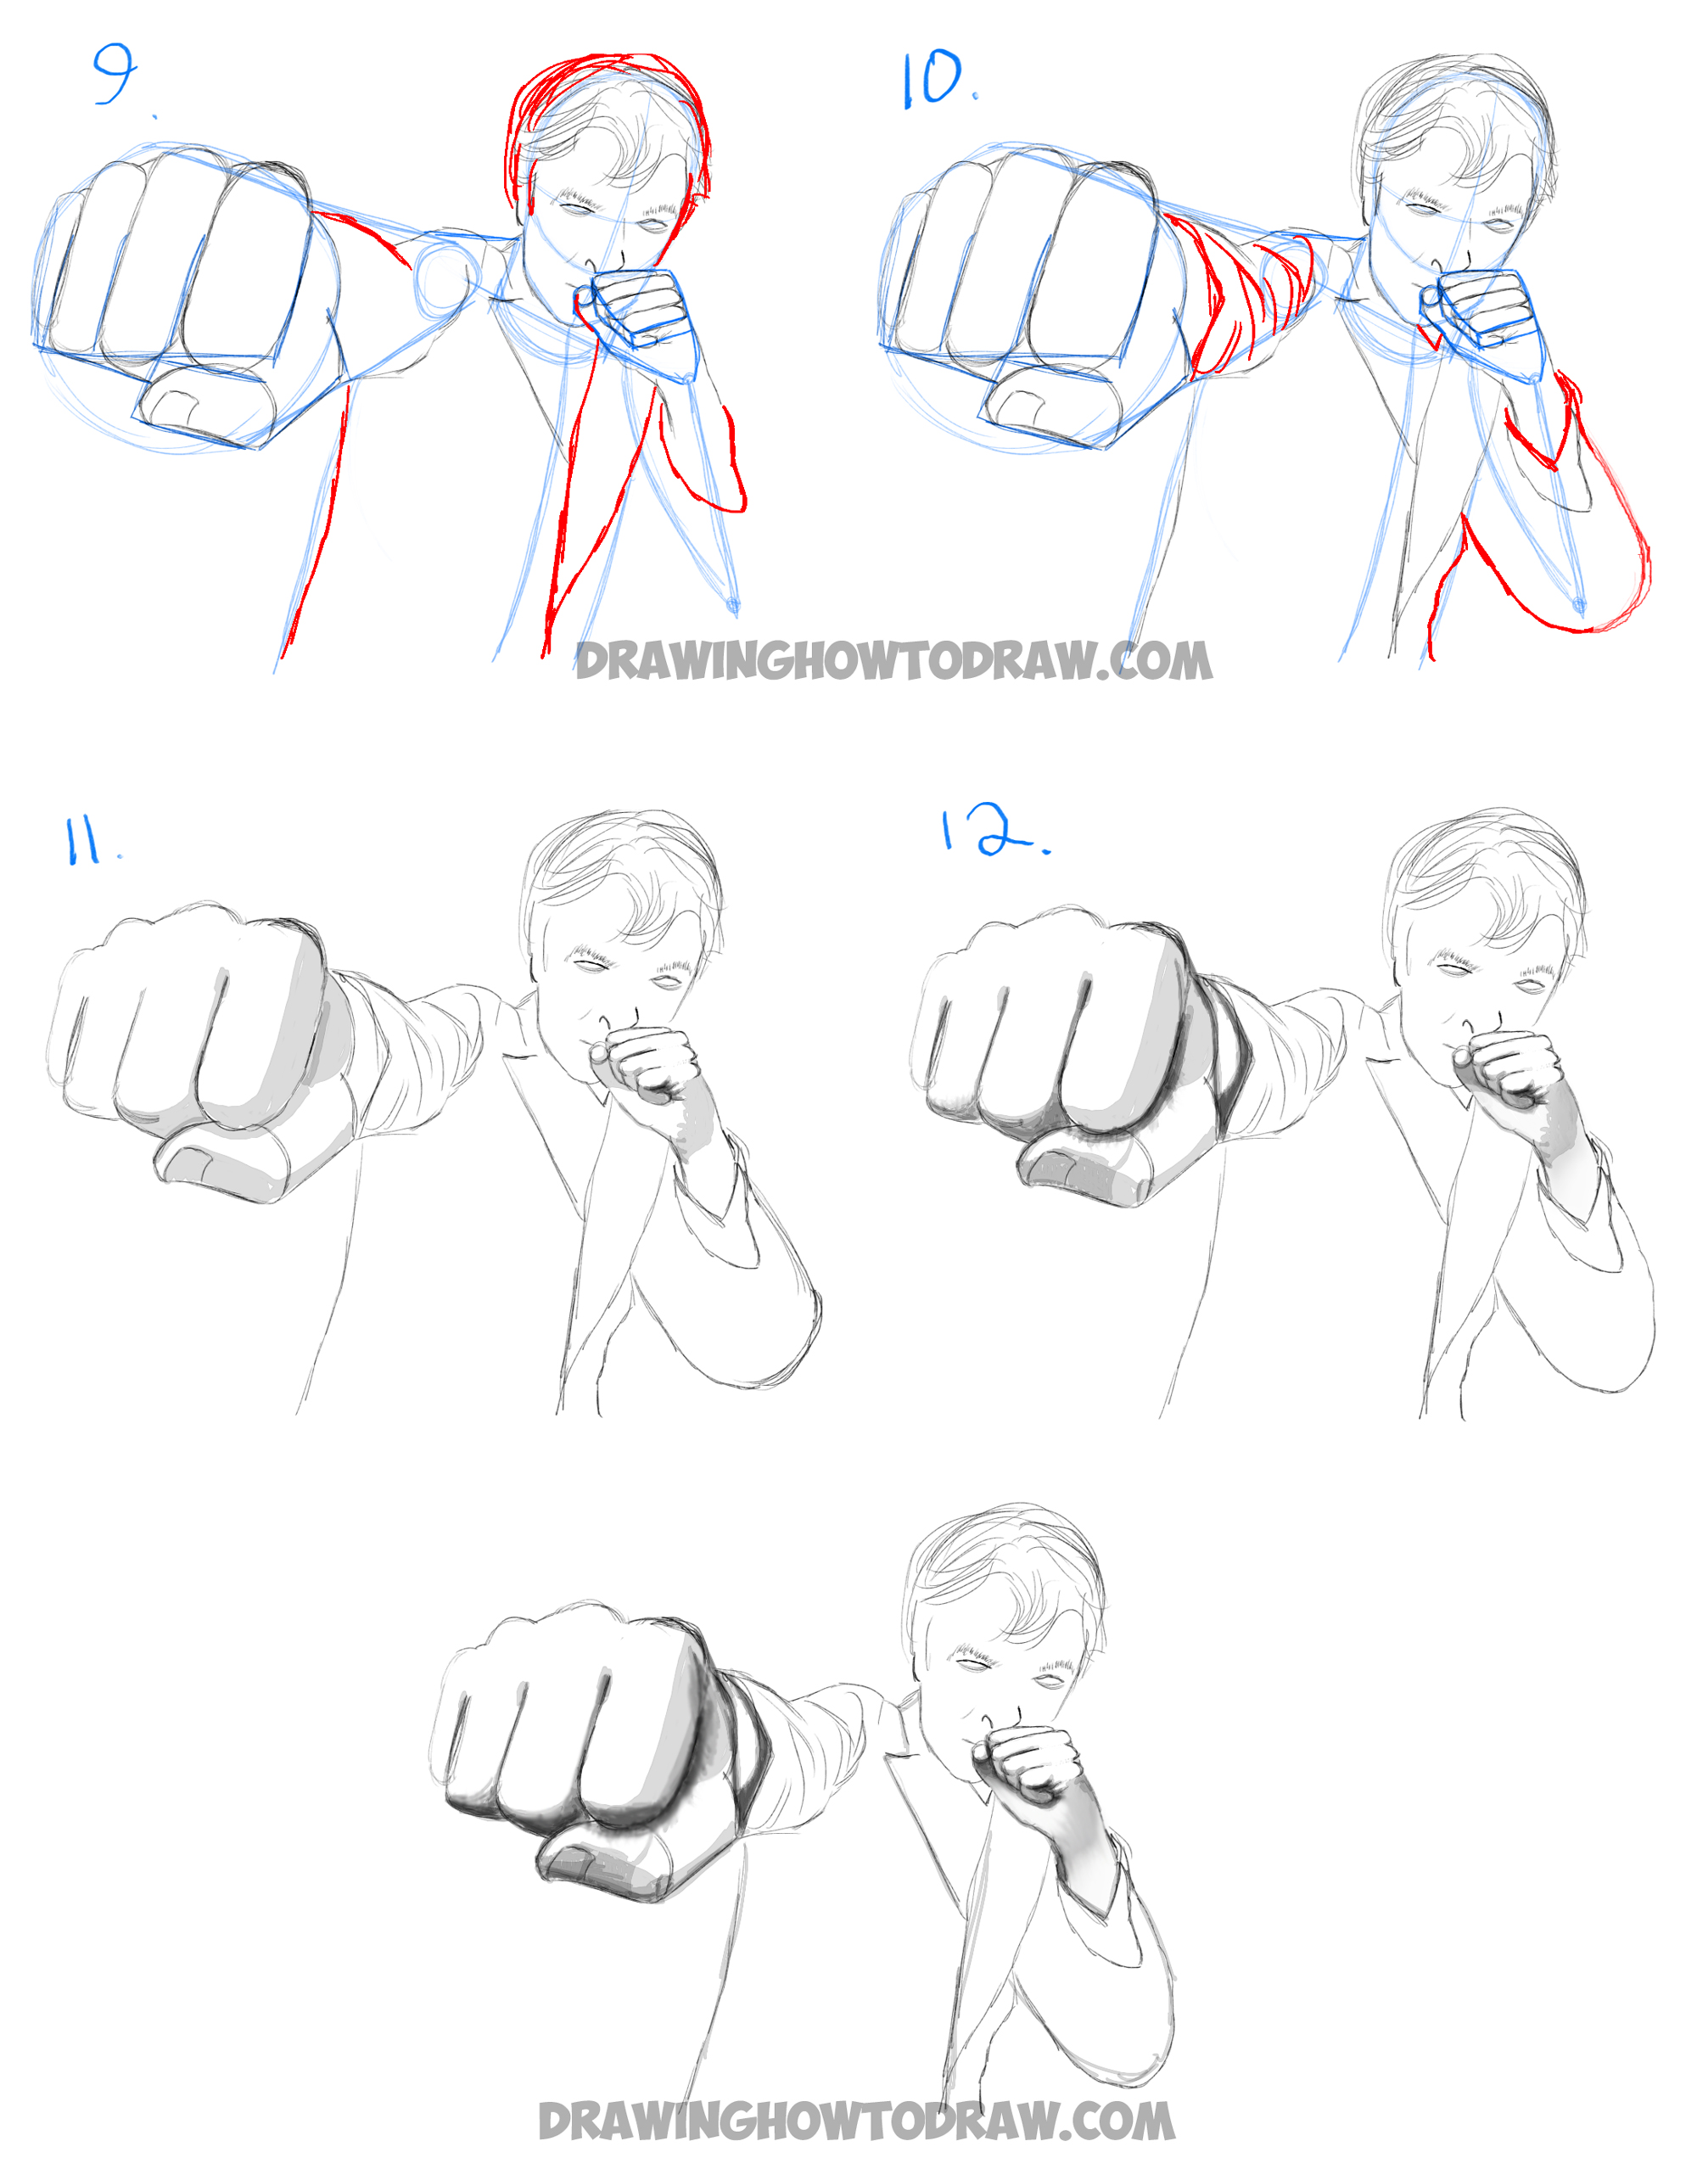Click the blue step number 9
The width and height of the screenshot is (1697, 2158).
(115, 74)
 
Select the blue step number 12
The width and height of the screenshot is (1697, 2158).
(990, 832)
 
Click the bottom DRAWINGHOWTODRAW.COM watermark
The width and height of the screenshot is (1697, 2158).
(855, 2121)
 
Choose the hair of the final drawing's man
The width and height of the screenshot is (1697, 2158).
(1004, 1570)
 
